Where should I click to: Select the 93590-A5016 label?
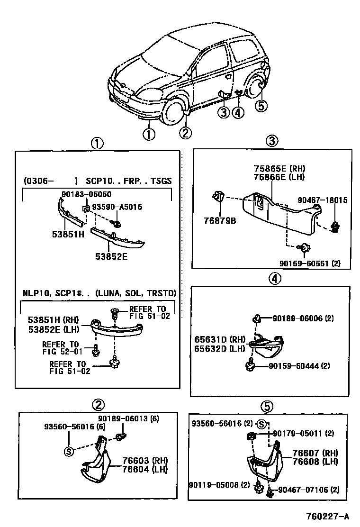(117, 207)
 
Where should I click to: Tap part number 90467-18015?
(323, 200)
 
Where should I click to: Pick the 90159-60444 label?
(299, 365)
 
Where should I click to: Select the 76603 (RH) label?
(142, 461)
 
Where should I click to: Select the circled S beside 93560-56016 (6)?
(69, 450)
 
